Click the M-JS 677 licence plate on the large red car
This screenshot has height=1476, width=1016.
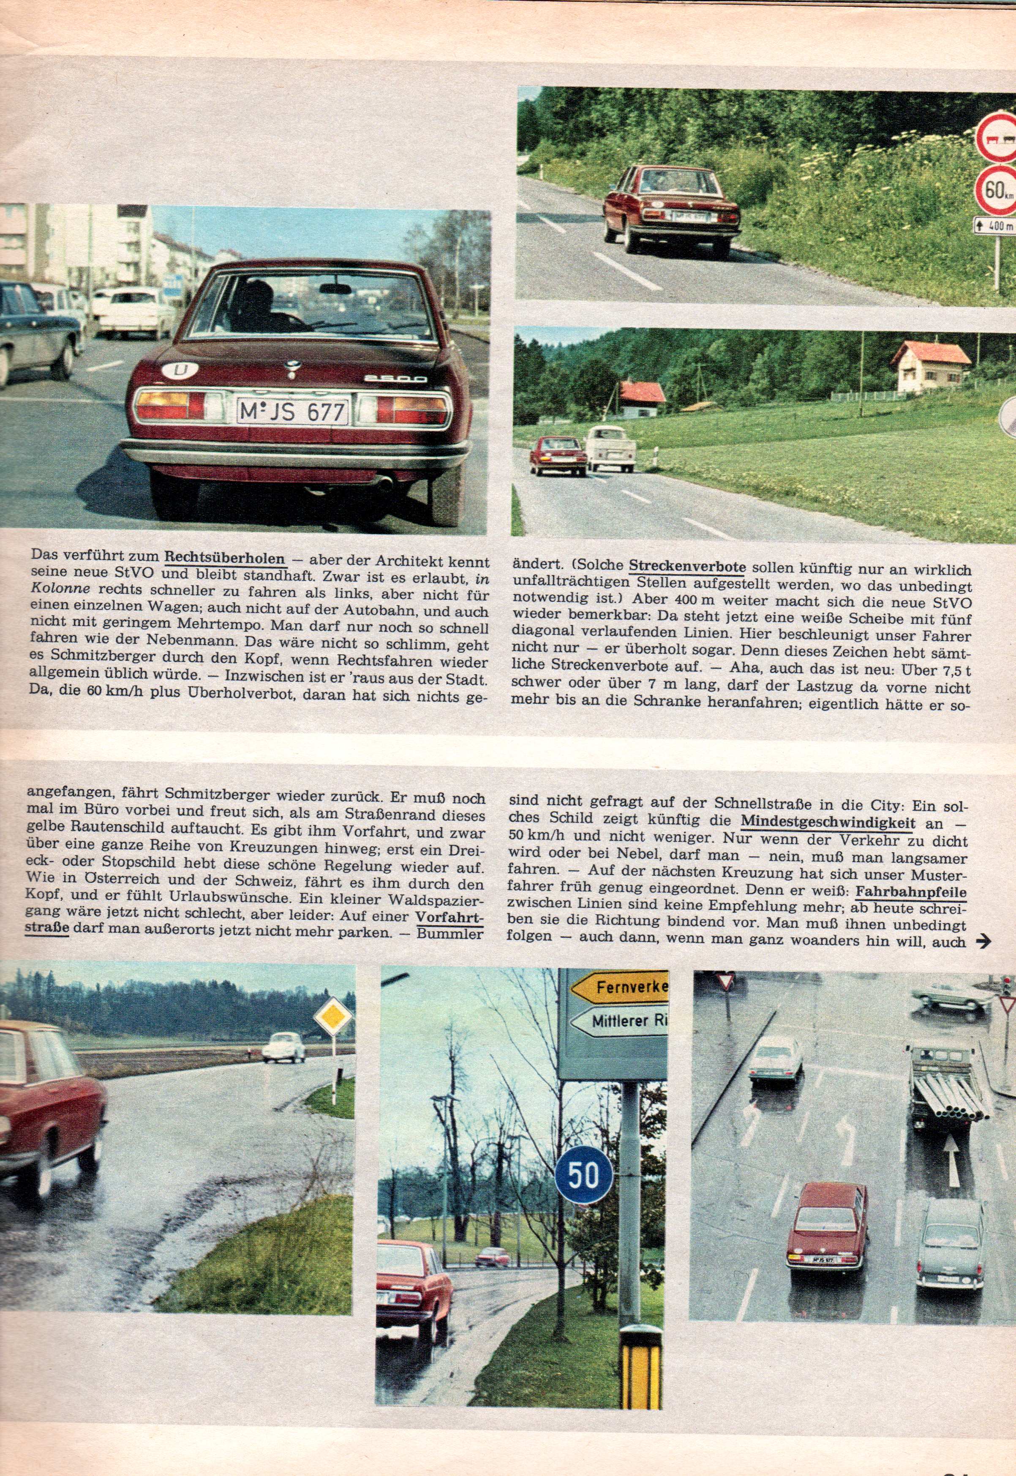tap(292, 412)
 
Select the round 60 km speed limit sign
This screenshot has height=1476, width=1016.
tap(995, 190)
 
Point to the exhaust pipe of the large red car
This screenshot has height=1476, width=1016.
tap(386, 485)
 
